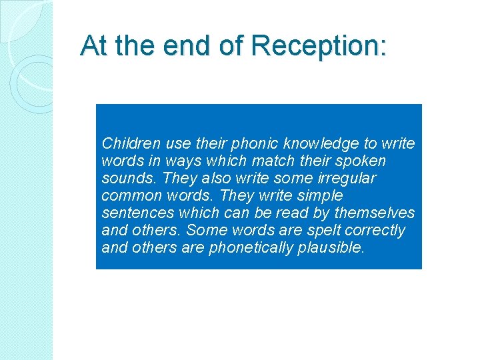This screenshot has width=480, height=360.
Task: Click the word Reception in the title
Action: click(x=318, y=47)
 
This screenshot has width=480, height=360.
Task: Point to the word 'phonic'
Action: click(x=255, y=143)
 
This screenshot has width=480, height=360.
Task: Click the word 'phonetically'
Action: click(x=249, y=248)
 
